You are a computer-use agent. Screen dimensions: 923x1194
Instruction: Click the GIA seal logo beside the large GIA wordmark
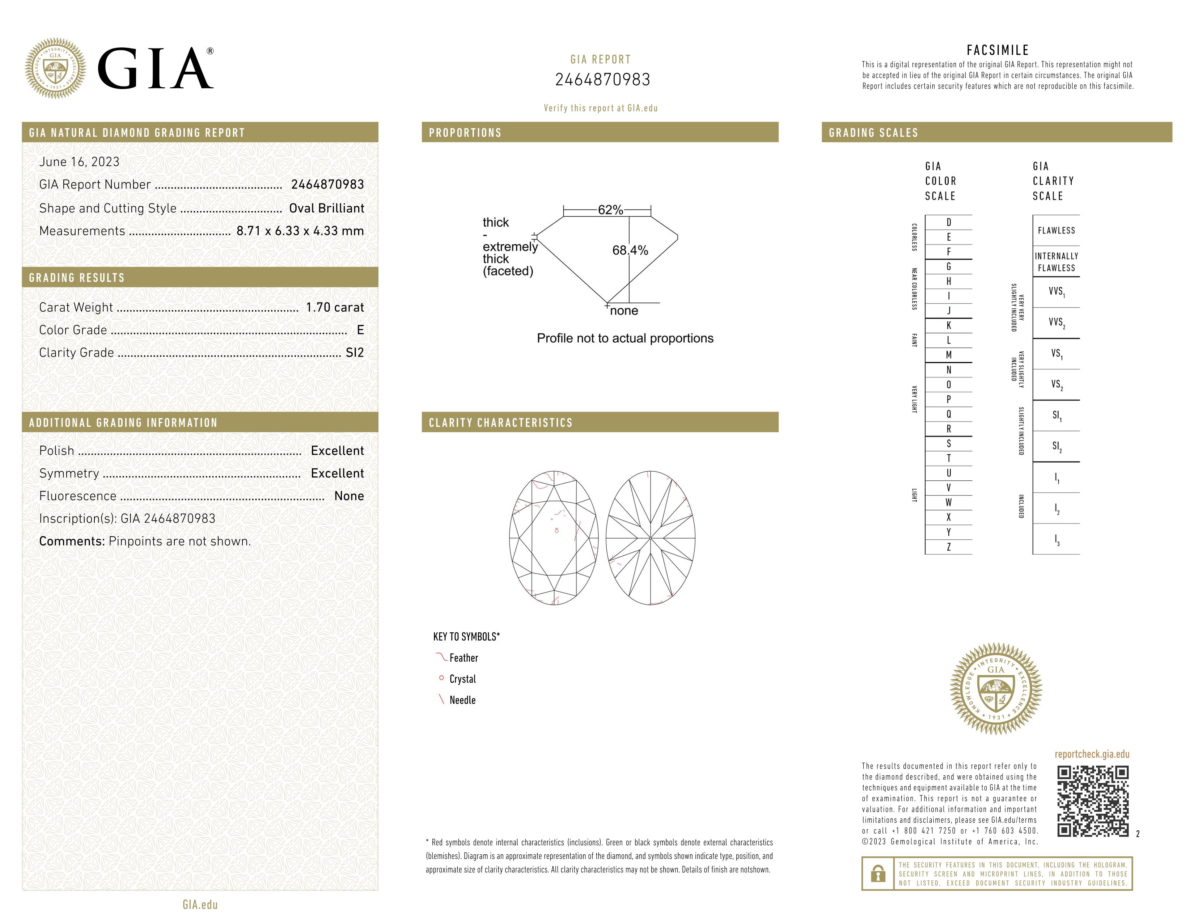pyautogui.click(x=55, y=68)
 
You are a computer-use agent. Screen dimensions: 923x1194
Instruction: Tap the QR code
pyautogui.click(x=1092, y=801)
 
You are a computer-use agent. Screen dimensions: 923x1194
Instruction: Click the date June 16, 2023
pyautogui.click(x=79, y=162)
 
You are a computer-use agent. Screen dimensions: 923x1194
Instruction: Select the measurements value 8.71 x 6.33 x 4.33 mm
pyautogui.click(x=300, y=231)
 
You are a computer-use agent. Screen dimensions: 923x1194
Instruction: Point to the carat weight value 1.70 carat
pyautogui.click(x=335, y=307)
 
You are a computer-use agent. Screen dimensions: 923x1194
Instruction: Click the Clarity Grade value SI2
pyautogui.click(x=354, y=353)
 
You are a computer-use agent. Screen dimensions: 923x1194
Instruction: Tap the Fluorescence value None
pyautogui.click(x=349, y=496)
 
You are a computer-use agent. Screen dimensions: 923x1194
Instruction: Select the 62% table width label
pyautogui.click(x=610, y=210)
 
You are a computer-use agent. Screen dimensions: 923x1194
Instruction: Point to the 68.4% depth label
pyautogui.click(x=630, y=250)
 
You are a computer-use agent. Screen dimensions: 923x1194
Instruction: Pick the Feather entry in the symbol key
pyautogui.click(x=463, y=658)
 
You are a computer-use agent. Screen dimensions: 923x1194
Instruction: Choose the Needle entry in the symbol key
pyautogui.click(x=462, y=700)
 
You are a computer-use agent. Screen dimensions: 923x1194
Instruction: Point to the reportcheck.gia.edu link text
pyautogui.click(x=1092, y=754)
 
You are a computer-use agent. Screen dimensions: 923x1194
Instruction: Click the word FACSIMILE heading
pyautogui.click(x=998, y=50)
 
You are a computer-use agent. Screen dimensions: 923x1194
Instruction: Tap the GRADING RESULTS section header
pyautogui.click(x=77, y=278)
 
